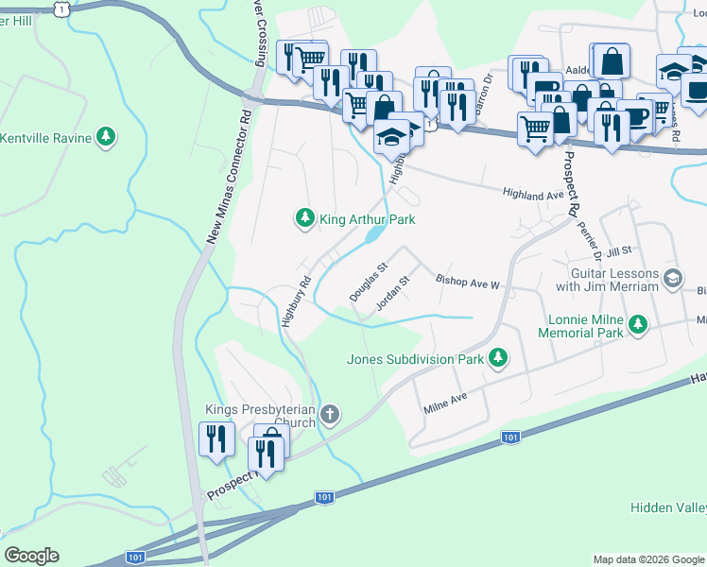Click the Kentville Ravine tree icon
tap(107, 138)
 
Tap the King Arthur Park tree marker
tap(304, 219)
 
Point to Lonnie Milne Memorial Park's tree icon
tap(639, 325)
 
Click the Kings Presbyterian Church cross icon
tap(329, 413)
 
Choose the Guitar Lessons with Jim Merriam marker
tap(672, 278)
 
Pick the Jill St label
tap(619, 251)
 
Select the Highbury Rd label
tap(296, 301)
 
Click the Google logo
tap(31, 556)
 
